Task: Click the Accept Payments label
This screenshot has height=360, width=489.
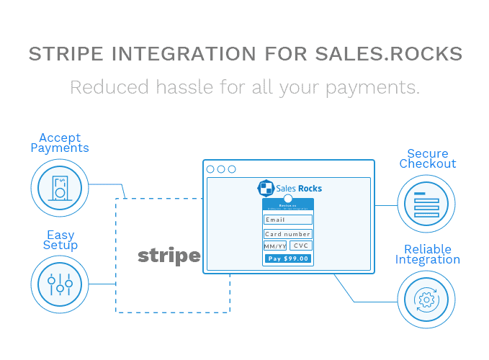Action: [x=60, y=143]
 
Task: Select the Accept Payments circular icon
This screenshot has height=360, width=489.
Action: [x=60, y=188]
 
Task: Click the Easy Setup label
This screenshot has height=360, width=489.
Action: [x=60, y=240]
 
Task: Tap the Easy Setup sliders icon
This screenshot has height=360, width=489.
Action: [x=60, y=284]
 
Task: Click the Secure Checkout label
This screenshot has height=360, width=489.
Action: [x=428, y=158]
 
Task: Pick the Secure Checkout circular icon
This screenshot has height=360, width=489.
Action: [x=426, y=204]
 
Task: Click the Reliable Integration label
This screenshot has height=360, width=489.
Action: [x=427, y=254]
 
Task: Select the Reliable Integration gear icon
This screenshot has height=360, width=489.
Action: [x=426, y=298]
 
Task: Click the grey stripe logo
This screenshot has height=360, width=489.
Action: [x=169, y=255]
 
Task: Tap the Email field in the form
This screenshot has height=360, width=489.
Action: [x=288, y=220]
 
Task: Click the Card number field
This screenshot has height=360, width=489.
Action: [x=288, y=234]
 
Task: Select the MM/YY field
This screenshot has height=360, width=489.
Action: [x=275, y=246]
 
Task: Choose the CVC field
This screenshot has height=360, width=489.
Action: [x=300, y=246]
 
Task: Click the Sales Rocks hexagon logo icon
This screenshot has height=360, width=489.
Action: [x=265, y=188]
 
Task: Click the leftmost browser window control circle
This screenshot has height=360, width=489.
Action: [x=211, y=169]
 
